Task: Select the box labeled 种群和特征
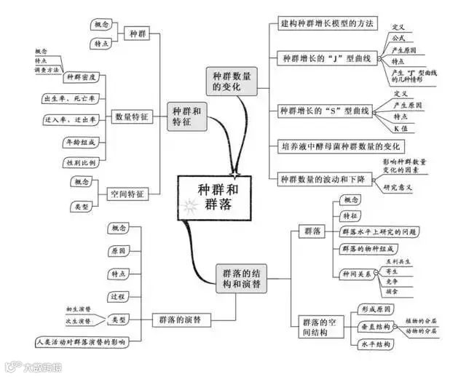click(x=188, y=116)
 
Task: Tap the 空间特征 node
click(x=127, y=194)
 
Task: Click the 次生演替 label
click(x=79, y=320)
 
